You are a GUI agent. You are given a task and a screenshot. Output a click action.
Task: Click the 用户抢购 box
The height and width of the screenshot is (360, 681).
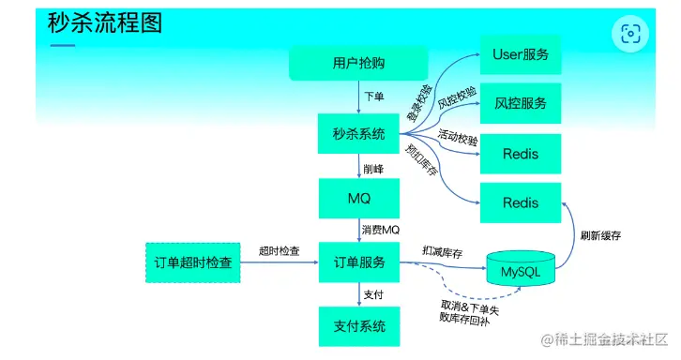pos(358,63)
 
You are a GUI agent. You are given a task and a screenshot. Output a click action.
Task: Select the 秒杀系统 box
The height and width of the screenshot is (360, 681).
pos(359,134)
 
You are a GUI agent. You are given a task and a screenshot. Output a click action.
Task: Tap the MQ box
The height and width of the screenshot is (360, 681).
pos(359,199)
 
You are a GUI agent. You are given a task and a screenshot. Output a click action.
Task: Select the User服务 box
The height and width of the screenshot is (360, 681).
pos(521,54)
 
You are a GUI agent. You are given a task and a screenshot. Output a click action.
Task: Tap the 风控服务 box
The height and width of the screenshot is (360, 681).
pos(521,103)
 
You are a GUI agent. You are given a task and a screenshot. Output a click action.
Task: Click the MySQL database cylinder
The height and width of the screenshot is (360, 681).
pos(522,271)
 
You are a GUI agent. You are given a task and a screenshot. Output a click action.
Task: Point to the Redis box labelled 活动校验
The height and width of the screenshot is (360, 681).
pos(521,153)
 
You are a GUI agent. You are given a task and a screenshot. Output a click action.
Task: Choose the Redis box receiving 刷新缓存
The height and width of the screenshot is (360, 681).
pos(521,202)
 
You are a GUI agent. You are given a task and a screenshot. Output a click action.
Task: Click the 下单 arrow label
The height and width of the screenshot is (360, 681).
pos(373,97)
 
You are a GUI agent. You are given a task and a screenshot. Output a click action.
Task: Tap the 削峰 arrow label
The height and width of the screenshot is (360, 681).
pos(373,169)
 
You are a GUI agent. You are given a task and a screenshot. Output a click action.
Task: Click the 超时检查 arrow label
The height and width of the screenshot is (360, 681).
pos(280,251)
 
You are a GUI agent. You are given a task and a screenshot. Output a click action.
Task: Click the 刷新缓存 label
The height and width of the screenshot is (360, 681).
pos(601,235)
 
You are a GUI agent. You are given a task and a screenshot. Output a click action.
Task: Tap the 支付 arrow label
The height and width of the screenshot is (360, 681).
pos(373,295)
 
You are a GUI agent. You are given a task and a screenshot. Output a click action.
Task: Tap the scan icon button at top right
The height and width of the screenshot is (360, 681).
pos(630,34)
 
